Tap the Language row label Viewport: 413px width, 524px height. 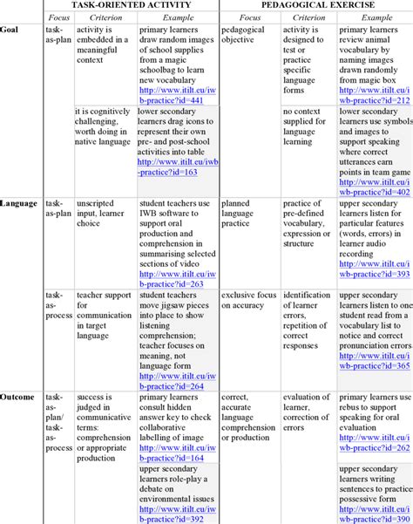pyautogui.click(x=18, y=203)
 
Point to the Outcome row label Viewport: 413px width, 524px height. pyautogui.click(x=18, y=397)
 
